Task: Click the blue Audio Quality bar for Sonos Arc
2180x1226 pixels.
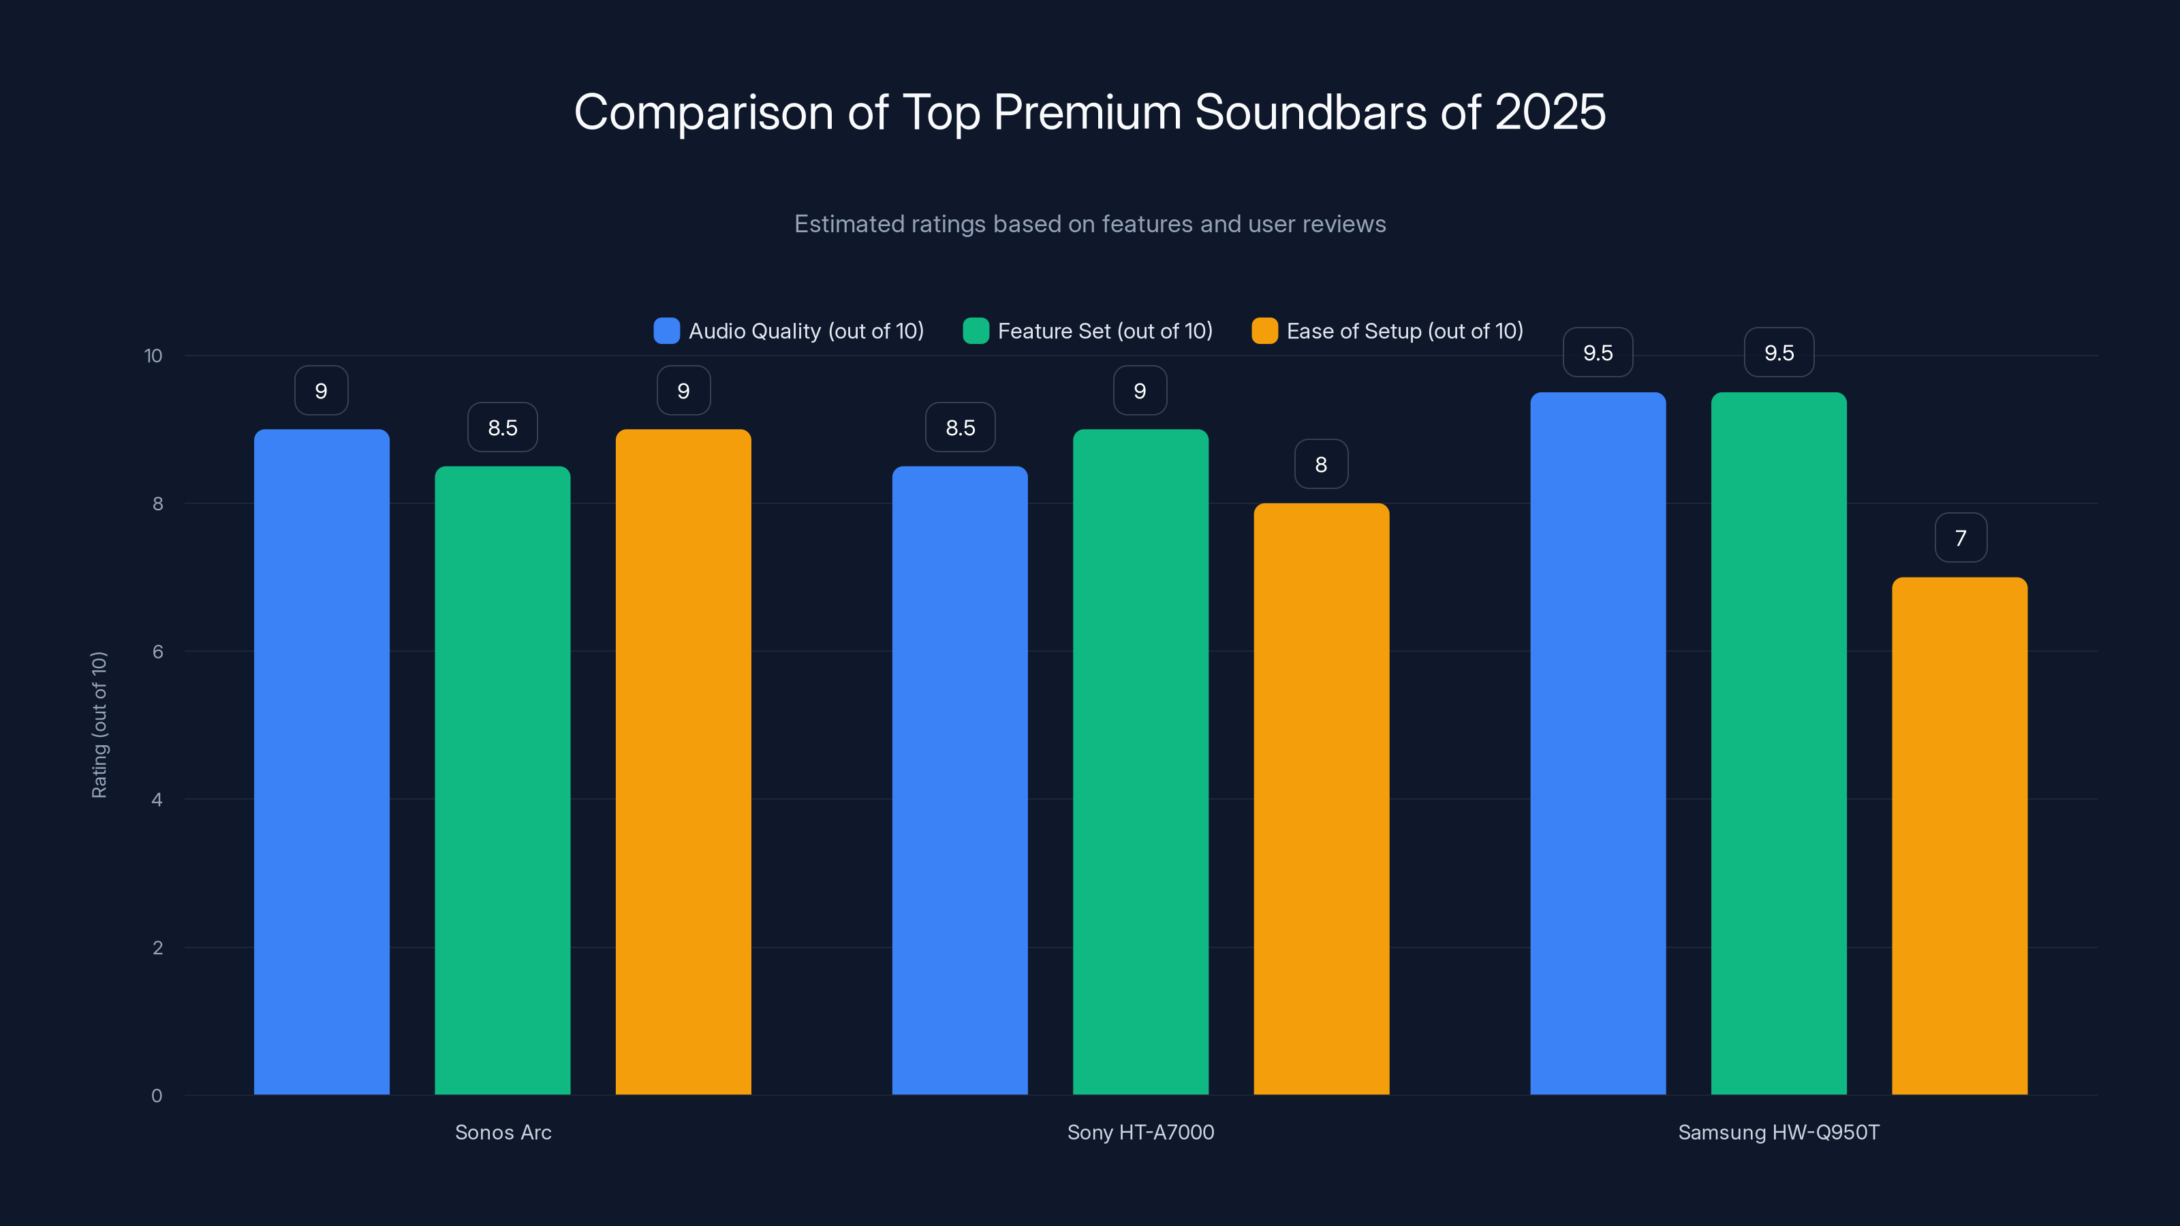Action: click(x=322, y=761)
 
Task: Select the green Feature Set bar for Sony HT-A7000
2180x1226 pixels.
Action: click(x=1140, y=761)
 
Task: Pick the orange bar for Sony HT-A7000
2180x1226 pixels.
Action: click(x=1321, y=799)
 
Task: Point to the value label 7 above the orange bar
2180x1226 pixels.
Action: click(x=1960, y=538)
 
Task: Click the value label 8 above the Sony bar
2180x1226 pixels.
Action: click(x=1321, y=465)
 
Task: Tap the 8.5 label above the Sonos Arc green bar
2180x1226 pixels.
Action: click(x=503, y=428)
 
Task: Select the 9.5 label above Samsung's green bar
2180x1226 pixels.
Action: click(x=1779, y=353)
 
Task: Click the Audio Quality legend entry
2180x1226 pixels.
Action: click(x=805, y=331)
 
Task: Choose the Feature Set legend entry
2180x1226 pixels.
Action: click(x=1104, y=331)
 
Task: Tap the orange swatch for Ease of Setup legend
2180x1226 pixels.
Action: click(x=1264, y=331)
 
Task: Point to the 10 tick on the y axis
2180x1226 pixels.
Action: click(x=153, y=356)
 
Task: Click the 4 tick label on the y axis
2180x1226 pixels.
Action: click(x=157, y=800)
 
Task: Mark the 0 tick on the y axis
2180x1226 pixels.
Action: click(x=157, y=1096)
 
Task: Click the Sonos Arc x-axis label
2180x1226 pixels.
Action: click(x=503, y=1132)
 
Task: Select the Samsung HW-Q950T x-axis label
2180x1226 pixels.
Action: click(x=1778, y=1132)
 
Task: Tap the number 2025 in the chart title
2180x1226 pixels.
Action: click(x=1550, y=112)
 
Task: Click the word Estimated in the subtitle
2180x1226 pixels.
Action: click(x=847, y=224)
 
